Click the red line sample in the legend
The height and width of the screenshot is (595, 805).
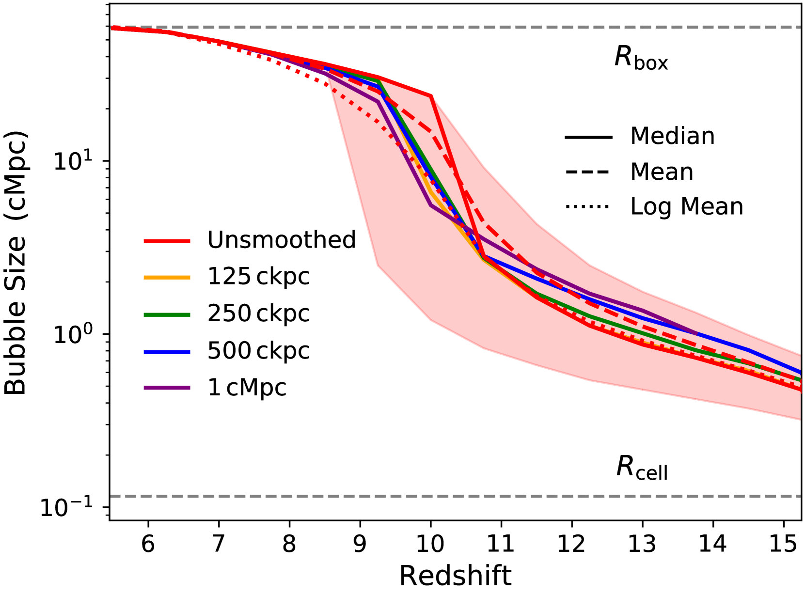click(x=167, y=241)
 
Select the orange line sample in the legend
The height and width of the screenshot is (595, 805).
click(x=167, y=278)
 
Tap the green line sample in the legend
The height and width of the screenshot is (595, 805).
click(x=167, y=315)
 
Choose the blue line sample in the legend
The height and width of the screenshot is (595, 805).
click(x=167, y=352)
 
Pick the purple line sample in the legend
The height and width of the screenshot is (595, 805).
click(x=167, y=388)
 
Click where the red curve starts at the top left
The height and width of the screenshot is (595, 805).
click(x=112, y=28)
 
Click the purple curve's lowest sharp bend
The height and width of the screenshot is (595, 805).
click(x=430, y=205)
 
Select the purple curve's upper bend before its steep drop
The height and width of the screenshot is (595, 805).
click(x=378, y=101)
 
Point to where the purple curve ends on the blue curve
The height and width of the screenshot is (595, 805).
click(x=697, y=334)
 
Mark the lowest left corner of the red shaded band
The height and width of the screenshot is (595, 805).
click(x=377, y=266)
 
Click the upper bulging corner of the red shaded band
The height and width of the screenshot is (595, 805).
click(x=431, y=95)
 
